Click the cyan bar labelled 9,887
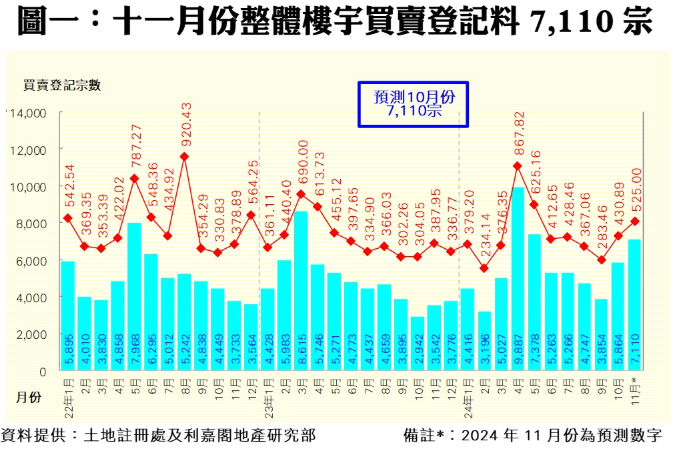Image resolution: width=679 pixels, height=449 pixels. [518, 280]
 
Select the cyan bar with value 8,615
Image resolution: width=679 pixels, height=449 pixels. [301, 291]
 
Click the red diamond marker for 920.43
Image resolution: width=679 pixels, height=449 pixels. [184, 157]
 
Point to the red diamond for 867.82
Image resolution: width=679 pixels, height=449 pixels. [518, 166]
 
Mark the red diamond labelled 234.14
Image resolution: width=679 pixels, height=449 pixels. [484, 268]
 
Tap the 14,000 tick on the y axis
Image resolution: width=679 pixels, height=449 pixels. [27, 113]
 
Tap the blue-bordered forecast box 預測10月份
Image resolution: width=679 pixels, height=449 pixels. [414, 104]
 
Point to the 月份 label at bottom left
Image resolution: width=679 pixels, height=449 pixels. [28, 397]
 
